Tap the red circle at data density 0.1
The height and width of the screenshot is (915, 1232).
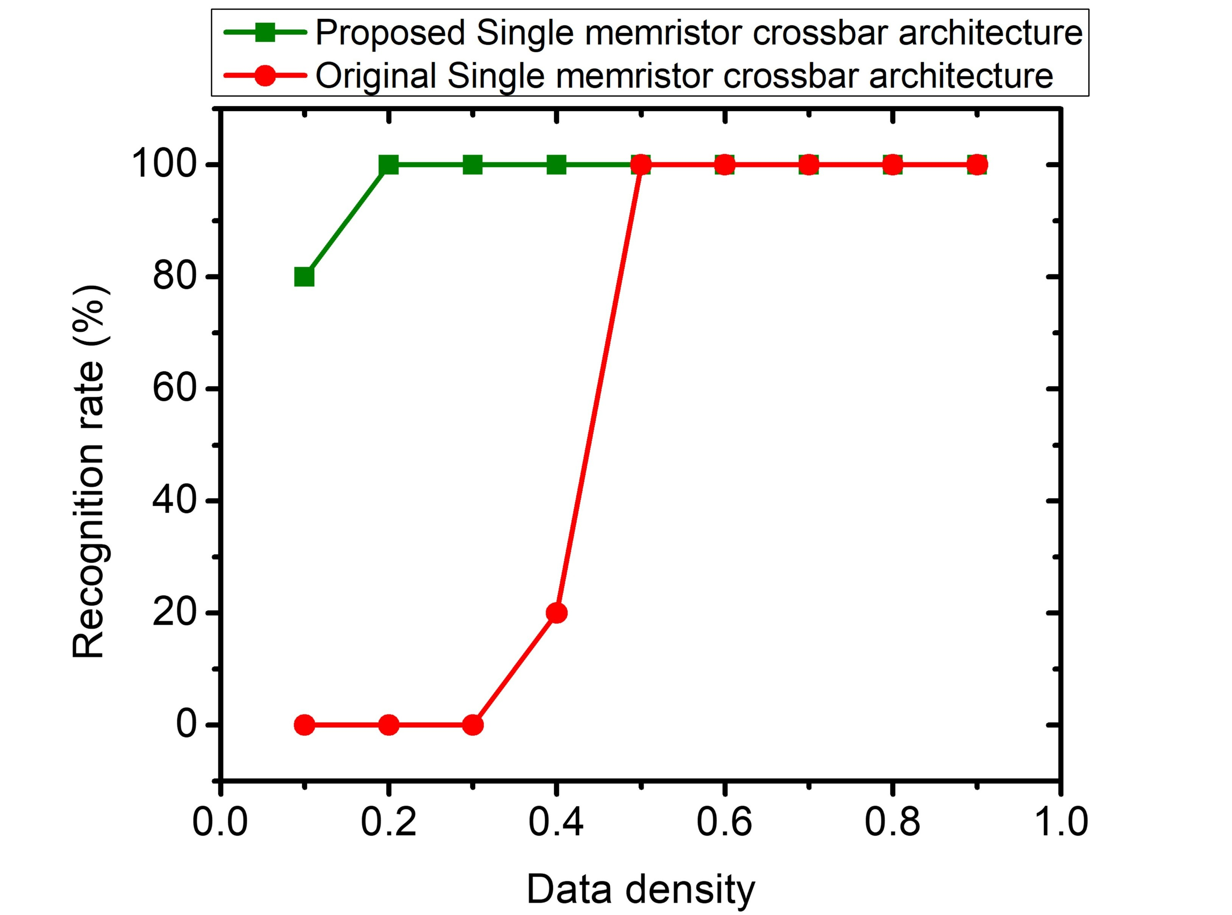[x=304, y=725]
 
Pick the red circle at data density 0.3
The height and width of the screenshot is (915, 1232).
[x=473, y=725]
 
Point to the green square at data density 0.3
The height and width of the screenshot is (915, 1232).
[x=473, y=165]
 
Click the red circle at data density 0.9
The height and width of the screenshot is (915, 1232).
[x=977, y=165]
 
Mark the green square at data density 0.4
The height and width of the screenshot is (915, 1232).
[x=556, y=165]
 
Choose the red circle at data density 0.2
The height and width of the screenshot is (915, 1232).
[x=388, y=725]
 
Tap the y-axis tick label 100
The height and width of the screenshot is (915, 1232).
[x=164, y=165]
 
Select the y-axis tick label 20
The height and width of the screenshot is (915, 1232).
[x=175, y=613]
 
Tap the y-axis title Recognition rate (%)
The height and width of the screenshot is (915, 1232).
[x=89, y=471]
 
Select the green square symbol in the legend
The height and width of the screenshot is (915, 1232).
[x=265, y=33]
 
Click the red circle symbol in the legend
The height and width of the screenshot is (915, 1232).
[x=265, y=75]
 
